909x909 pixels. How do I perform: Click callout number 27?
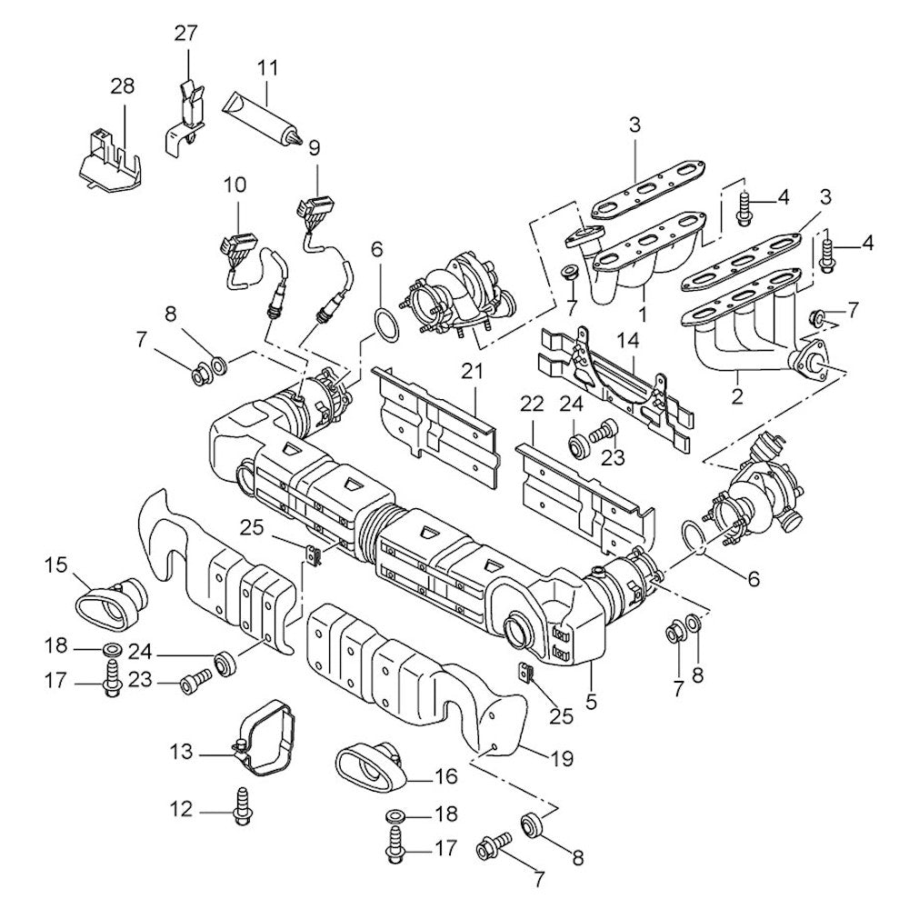185,35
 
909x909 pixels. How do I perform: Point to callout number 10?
235,185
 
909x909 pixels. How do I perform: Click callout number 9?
315,146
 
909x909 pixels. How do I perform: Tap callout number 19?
562,757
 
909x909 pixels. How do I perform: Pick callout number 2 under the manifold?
736,396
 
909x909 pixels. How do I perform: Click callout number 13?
181,751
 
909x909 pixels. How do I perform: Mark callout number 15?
56,566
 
